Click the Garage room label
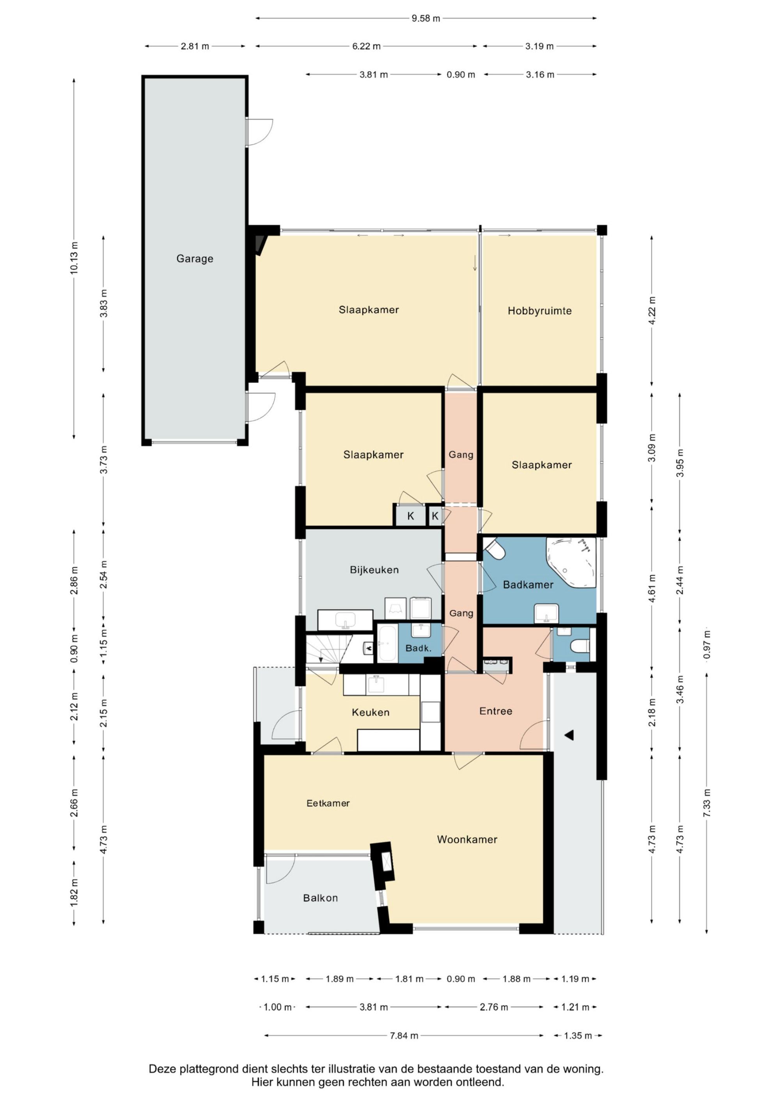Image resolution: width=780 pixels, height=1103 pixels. point(195,259)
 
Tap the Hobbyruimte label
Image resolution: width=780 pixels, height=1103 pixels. point(540,311)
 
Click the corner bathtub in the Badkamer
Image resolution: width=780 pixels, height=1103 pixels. point(571,562)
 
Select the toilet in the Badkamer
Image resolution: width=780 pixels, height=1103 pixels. point(495,549)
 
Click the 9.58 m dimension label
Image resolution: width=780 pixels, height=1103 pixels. point(426,18)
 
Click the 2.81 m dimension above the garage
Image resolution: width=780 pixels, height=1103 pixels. point(195,46)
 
